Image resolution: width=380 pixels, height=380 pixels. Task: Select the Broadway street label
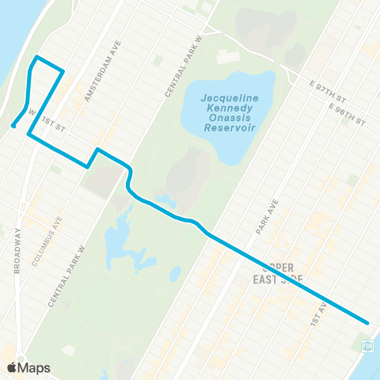(18, 250)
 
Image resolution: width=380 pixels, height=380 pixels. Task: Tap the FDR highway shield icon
(367, 346)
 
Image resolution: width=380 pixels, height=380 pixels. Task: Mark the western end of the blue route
(13, 125)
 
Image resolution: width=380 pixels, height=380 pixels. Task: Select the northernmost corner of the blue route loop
(36, 58)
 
